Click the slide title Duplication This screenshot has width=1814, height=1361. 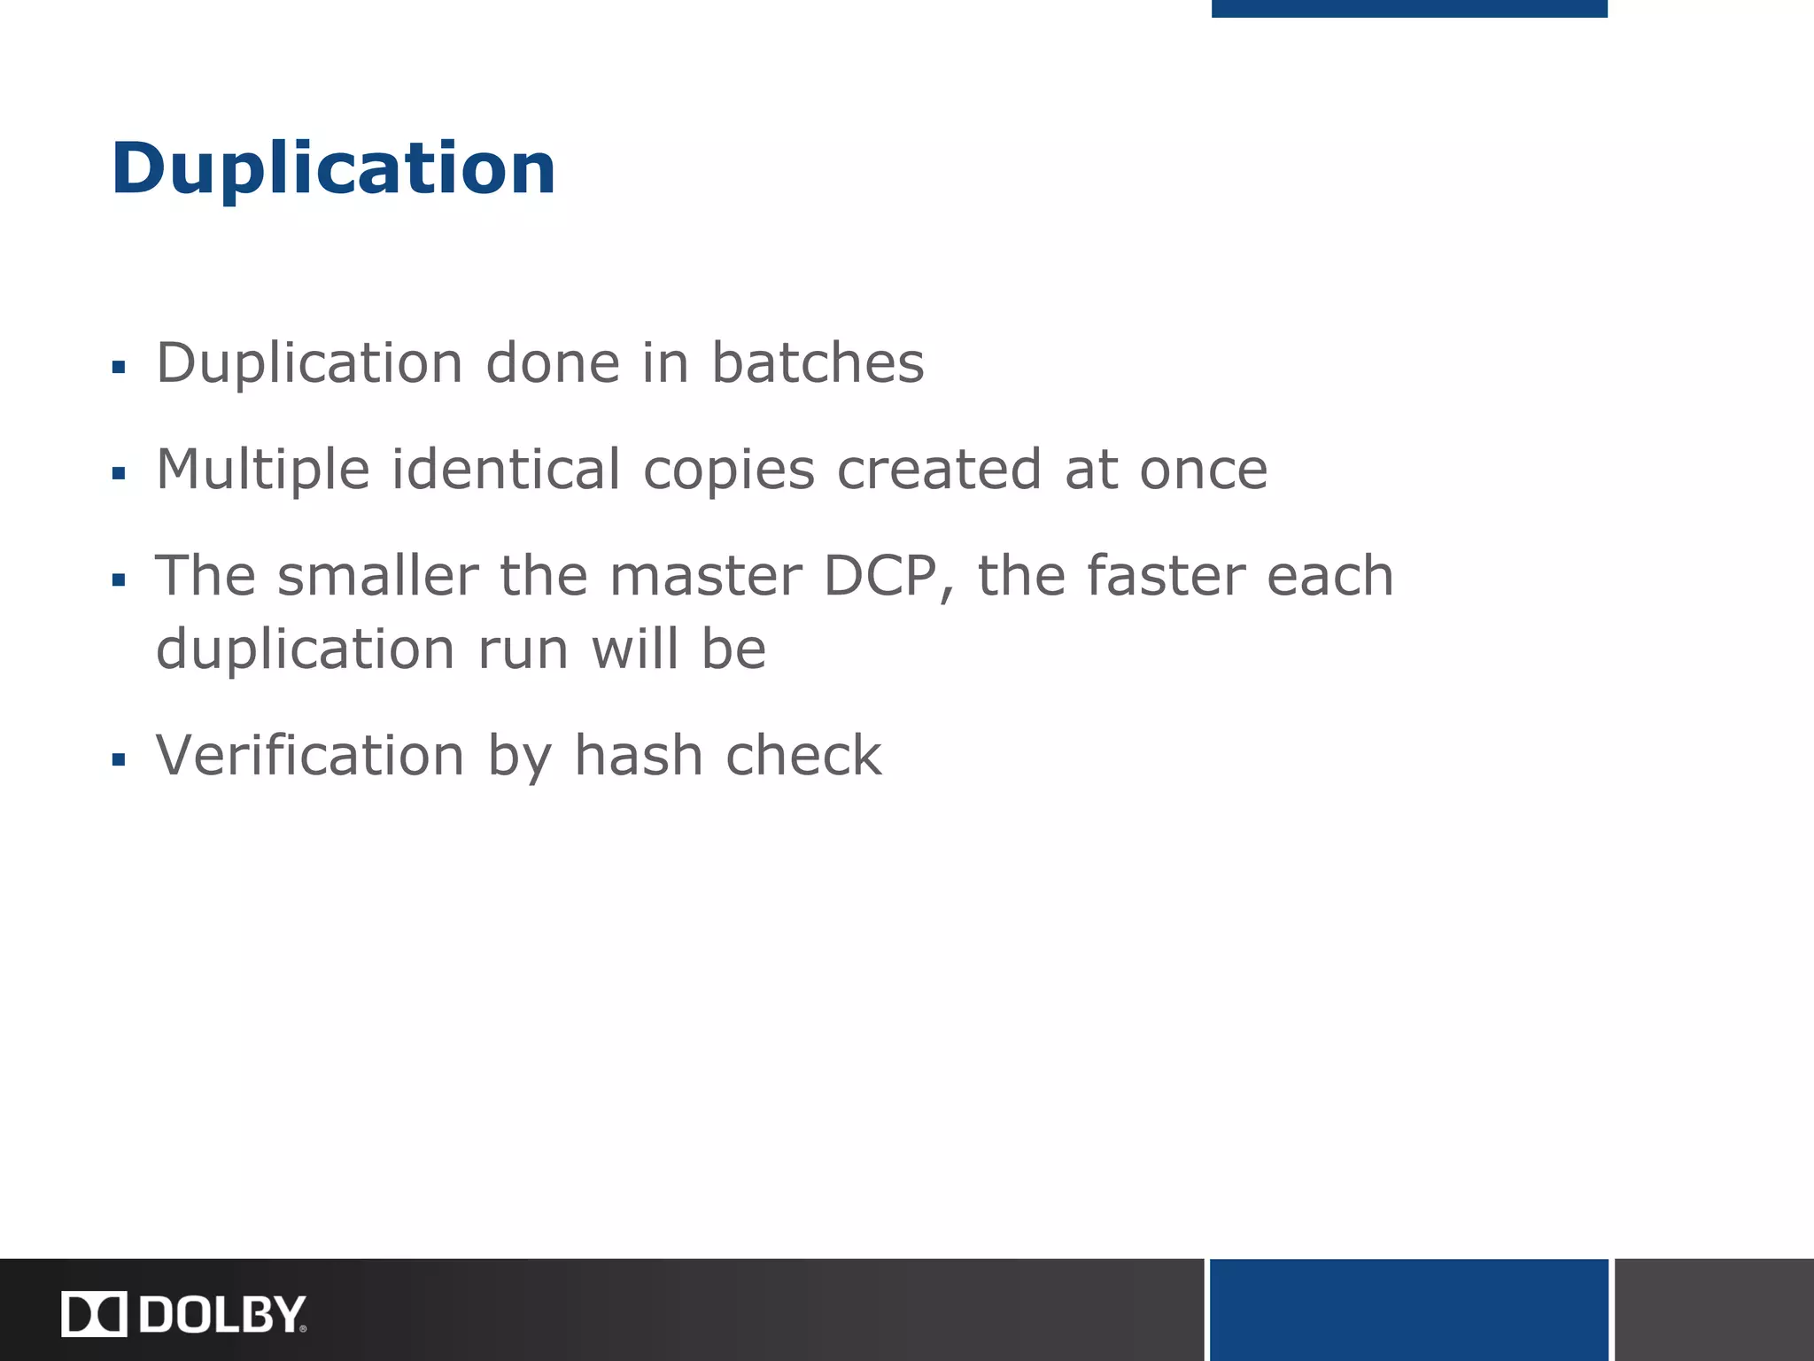[x=333, y=168]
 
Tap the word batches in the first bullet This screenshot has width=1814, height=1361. [x=818, y=363]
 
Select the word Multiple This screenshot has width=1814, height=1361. [x=263, y=470]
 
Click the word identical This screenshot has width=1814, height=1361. [x=506, y=470]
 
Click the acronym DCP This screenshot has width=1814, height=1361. [x=880, y=577]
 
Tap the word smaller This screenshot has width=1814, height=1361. [x=378, y=577]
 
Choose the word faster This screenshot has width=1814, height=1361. [x=1166, y=577]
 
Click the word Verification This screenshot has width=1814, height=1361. [x=310, y=756]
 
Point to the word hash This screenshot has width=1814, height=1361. [x=638, y=756]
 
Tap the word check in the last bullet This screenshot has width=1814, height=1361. [x=802, y=756]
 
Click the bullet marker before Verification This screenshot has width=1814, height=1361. [x=119, y=759]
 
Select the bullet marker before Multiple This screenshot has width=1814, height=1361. [x=119, y=474]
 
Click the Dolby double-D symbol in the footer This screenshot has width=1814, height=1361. [x=94, y=1314]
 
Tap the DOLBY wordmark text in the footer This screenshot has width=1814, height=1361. [x=222, y=1314]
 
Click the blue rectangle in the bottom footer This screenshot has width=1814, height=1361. [x=1408, y=1310]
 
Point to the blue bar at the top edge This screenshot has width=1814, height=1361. [x=1408, y=8]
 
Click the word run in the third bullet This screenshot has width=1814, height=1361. [x=523, y=649]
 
